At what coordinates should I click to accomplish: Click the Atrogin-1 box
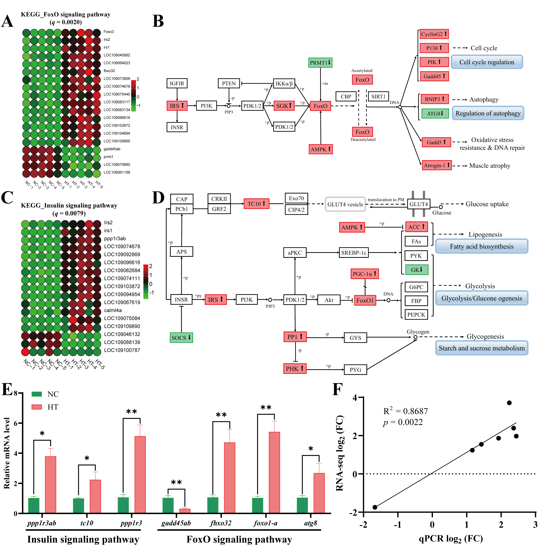click(x=436, y=165)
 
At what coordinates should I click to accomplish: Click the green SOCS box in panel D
click(x=181, y=337)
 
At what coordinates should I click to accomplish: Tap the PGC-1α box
click(x=364, y=274)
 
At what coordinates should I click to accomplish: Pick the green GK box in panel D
click(x=417, y=270)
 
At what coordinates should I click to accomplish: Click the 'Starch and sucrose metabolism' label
click(x=481, y=348)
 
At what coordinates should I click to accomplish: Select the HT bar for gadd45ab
click(x=185, y=511)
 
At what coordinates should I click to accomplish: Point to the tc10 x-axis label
click(x=87, y=523)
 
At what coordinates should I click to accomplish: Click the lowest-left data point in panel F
click(x=375, y=507)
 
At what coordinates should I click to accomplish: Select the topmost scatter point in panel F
click(x=509, y=403)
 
